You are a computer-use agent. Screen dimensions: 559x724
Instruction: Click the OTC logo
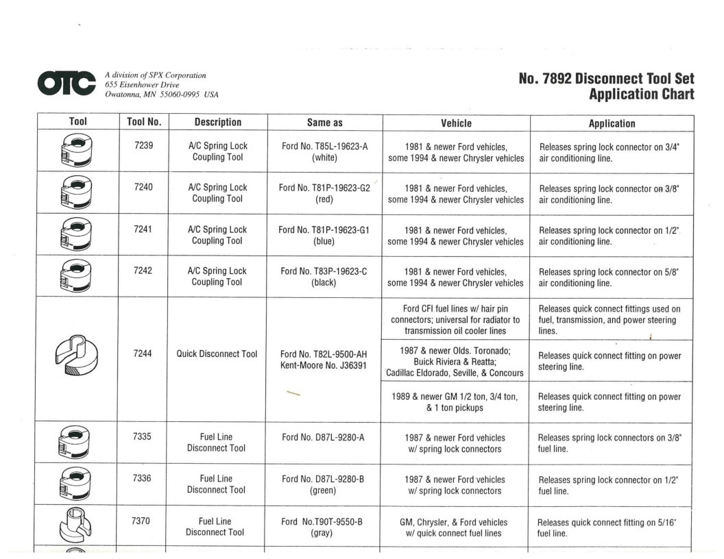click(67, 84)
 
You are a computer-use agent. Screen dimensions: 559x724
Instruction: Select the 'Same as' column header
click(324, 123)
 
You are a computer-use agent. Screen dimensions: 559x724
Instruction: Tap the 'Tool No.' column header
click(144, 122)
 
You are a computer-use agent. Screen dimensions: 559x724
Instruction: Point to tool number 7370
click(141, 521)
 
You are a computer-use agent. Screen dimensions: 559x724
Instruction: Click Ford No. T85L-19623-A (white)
click(324, 151)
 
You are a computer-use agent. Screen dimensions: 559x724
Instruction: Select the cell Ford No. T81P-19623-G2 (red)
click(324, 193)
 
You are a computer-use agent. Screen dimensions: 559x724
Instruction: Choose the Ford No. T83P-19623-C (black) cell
click(324, 276)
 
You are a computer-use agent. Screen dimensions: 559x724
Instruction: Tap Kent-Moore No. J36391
click(324, 365)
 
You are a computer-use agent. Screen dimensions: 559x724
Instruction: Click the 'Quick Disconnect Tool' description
click(217, 354)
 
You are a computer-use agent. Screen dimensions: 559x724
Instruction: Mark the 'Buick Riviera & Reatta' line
click(455, 362)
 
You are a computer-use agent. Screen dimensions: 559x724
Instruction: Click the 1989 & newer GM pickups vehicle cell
click(455, 401)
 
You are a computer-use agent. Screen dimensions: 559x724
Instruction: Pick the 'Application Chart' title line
click(641, 95)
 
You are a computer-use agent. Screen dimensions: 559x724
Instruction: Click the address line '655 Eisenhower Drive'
click(142, 85)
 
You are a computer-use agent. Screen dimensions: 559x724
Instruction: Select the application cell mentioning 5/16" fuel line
click(607, 527)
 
